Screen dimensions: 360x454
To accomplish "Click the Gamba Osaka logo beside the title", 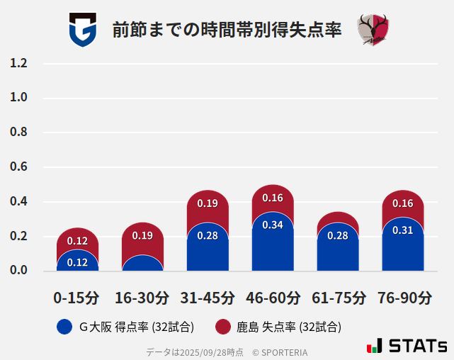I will pos(82,30).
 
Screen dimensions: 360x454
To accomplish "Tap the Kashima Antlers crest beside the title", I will pos(373,30).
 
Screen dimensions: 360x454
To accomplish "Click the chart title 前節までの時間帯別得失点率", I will pos(227,30).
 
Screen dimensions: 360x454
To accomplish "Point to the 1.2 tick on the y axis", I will pos(19,64).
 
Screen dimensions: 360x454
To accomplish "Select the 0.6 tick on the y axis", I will pos(19,167).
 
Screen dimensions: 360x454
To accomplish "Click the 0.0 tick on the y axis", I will pos(19,271).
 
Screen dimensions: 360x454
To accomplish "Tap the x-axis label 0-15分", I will pos(77,297).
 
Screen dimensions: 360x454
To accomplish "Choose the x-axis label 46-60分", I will pos(273,297).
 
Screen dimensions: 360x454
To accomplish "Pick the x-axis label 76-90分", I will pos(403,297).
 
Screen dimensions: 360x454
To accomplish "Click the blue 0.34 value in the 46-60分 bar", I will pos(273,225).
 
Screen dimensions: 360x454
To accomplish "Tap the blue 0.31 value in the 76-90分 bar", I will pos(403,230).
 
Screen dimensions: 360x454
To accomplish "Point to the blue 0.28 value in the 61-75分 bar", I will pos(338,235).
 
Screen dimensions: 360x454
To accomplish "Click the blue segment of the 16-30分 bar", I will pos(142,264).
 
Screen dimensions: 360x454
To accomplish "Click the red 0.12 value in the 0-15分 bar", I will pos(77,241).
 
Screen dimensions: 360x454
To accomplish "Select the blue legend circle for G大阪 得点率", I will pos(64,327).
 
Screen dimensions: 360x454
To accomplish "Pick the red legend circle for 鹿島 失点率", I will pos(223,327).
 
